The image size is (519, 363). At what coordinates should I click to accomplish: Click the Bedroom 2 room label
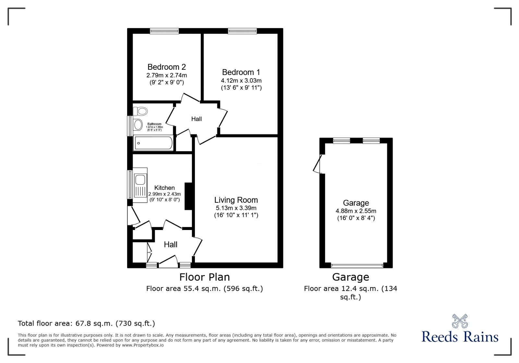click(x=166, y=67)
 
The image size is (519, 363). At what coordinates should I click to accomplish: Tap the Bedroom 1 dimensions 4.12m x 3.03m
click(x=241, y=80)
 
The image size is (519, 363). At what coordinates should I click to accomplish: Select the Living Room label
click(x=236, y=200)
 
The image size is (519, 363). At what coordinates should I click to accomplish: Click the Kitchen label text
click(x=164, y=188)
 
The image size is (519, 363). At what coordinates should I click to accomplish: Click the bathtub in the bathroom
click(x=153, y=143)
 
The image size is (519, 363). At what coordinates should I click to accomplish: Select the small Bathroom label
click(x=154, y=124)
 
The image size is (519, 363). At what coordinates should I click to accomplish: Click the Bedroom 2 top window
click(x=164, y=31)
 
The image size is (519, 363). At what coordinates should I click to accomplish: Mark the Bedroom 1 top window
click(x=242, y=31)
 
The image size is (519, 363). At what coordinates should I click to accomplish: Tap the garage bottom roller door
click(x=357, y=265)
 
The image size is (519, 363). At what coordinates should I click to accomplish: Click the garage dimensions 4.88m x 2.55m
click(x=356, y=211)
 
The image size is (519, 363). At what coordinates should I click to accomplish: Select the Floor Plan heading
click(x=205, y=277)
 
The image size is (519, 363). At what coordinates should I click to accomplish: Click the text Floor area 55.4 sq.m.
click(x=204, y=288)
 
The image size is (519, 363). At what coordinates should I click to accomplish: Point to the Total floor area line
click(x=86, y=323)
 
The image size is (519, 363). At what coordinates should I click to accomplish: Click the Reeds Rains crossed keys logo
click(x=460, y=321)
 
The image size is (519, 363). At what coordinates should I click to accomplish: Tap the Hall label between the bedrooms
click(x=196, y=119)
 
